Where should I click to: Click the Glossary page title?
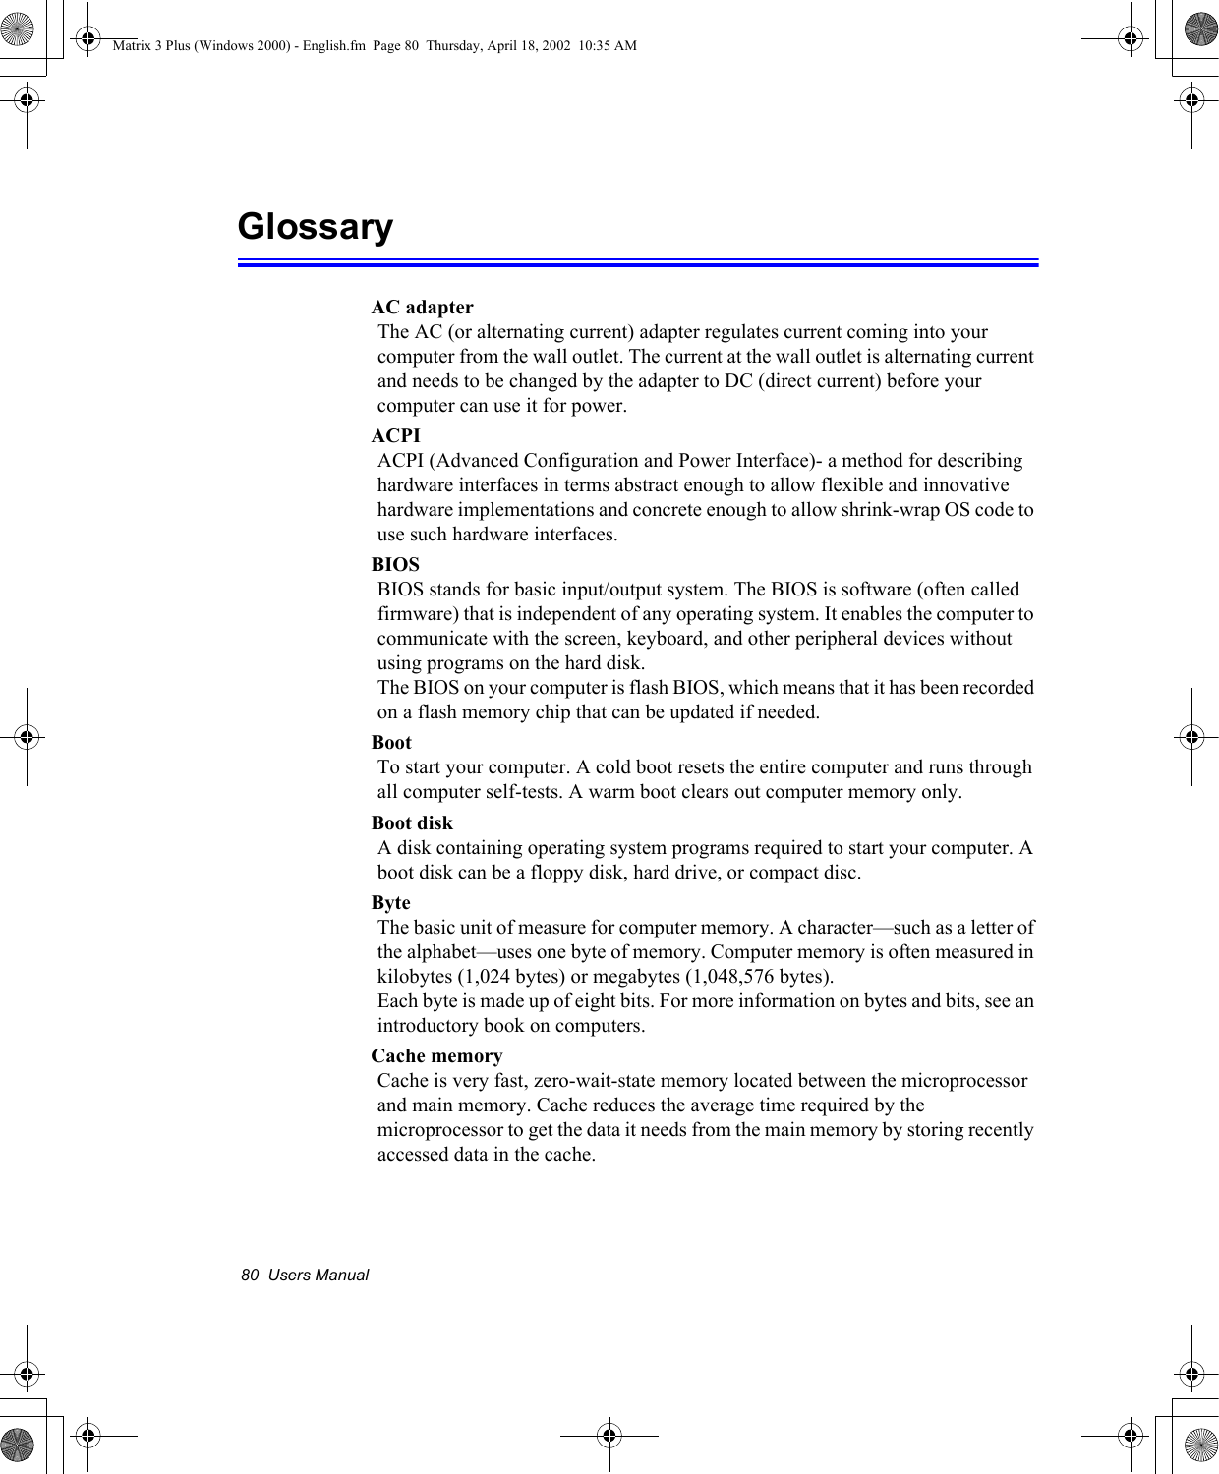pyautogui.click(x=315, y=227)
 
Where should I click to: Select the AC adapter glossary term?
pyautogui.click(x=422, y=308)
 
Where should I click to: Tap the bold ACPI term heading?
pyautogui.click(x=395, y=436)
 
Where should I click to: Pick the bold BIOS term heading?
pyautogui.click(x=395, y=565)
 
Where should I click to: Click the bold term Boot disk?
pyautogui.click(x=412, y=823)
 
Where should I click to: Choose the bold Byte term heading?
pyautogui.click(x=390, y=903)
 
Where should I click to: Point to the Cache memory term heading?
pyautogui.click(x=436, y=1056)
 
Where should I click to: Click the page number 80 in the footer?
pyautogui.click(x=250, y=1276)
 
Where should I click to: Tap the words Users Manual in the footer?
pyautogui.click(x=319, y=1276)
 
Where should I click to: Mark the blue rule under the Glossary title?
pyautogui.click(x=638, y=263)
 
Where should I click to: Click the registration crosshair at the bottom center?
pyautogui.click(x=609, y=1436)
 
